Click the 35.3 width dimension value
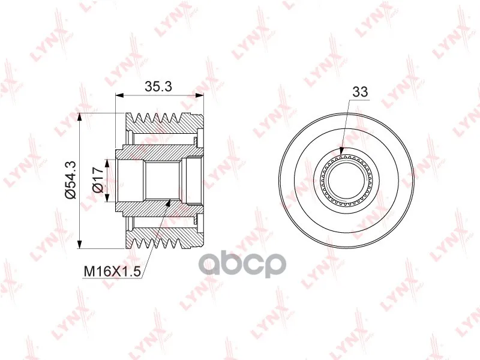(158, 86)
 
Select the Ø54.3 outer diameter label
(70, 180)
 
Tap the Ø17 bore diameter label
(98, 181)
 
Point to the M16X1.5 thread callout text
(112, 271)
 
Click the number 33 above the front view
(360, 92)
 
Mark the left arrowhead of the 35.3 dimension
(119, 95)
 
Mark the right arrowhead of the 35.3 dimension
(200, 95)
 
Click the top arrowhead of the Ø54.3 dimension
(80, 117)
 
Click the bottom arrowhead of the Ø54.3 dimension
(80, 244)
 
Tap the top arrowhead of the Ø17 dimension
(107, 163)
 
